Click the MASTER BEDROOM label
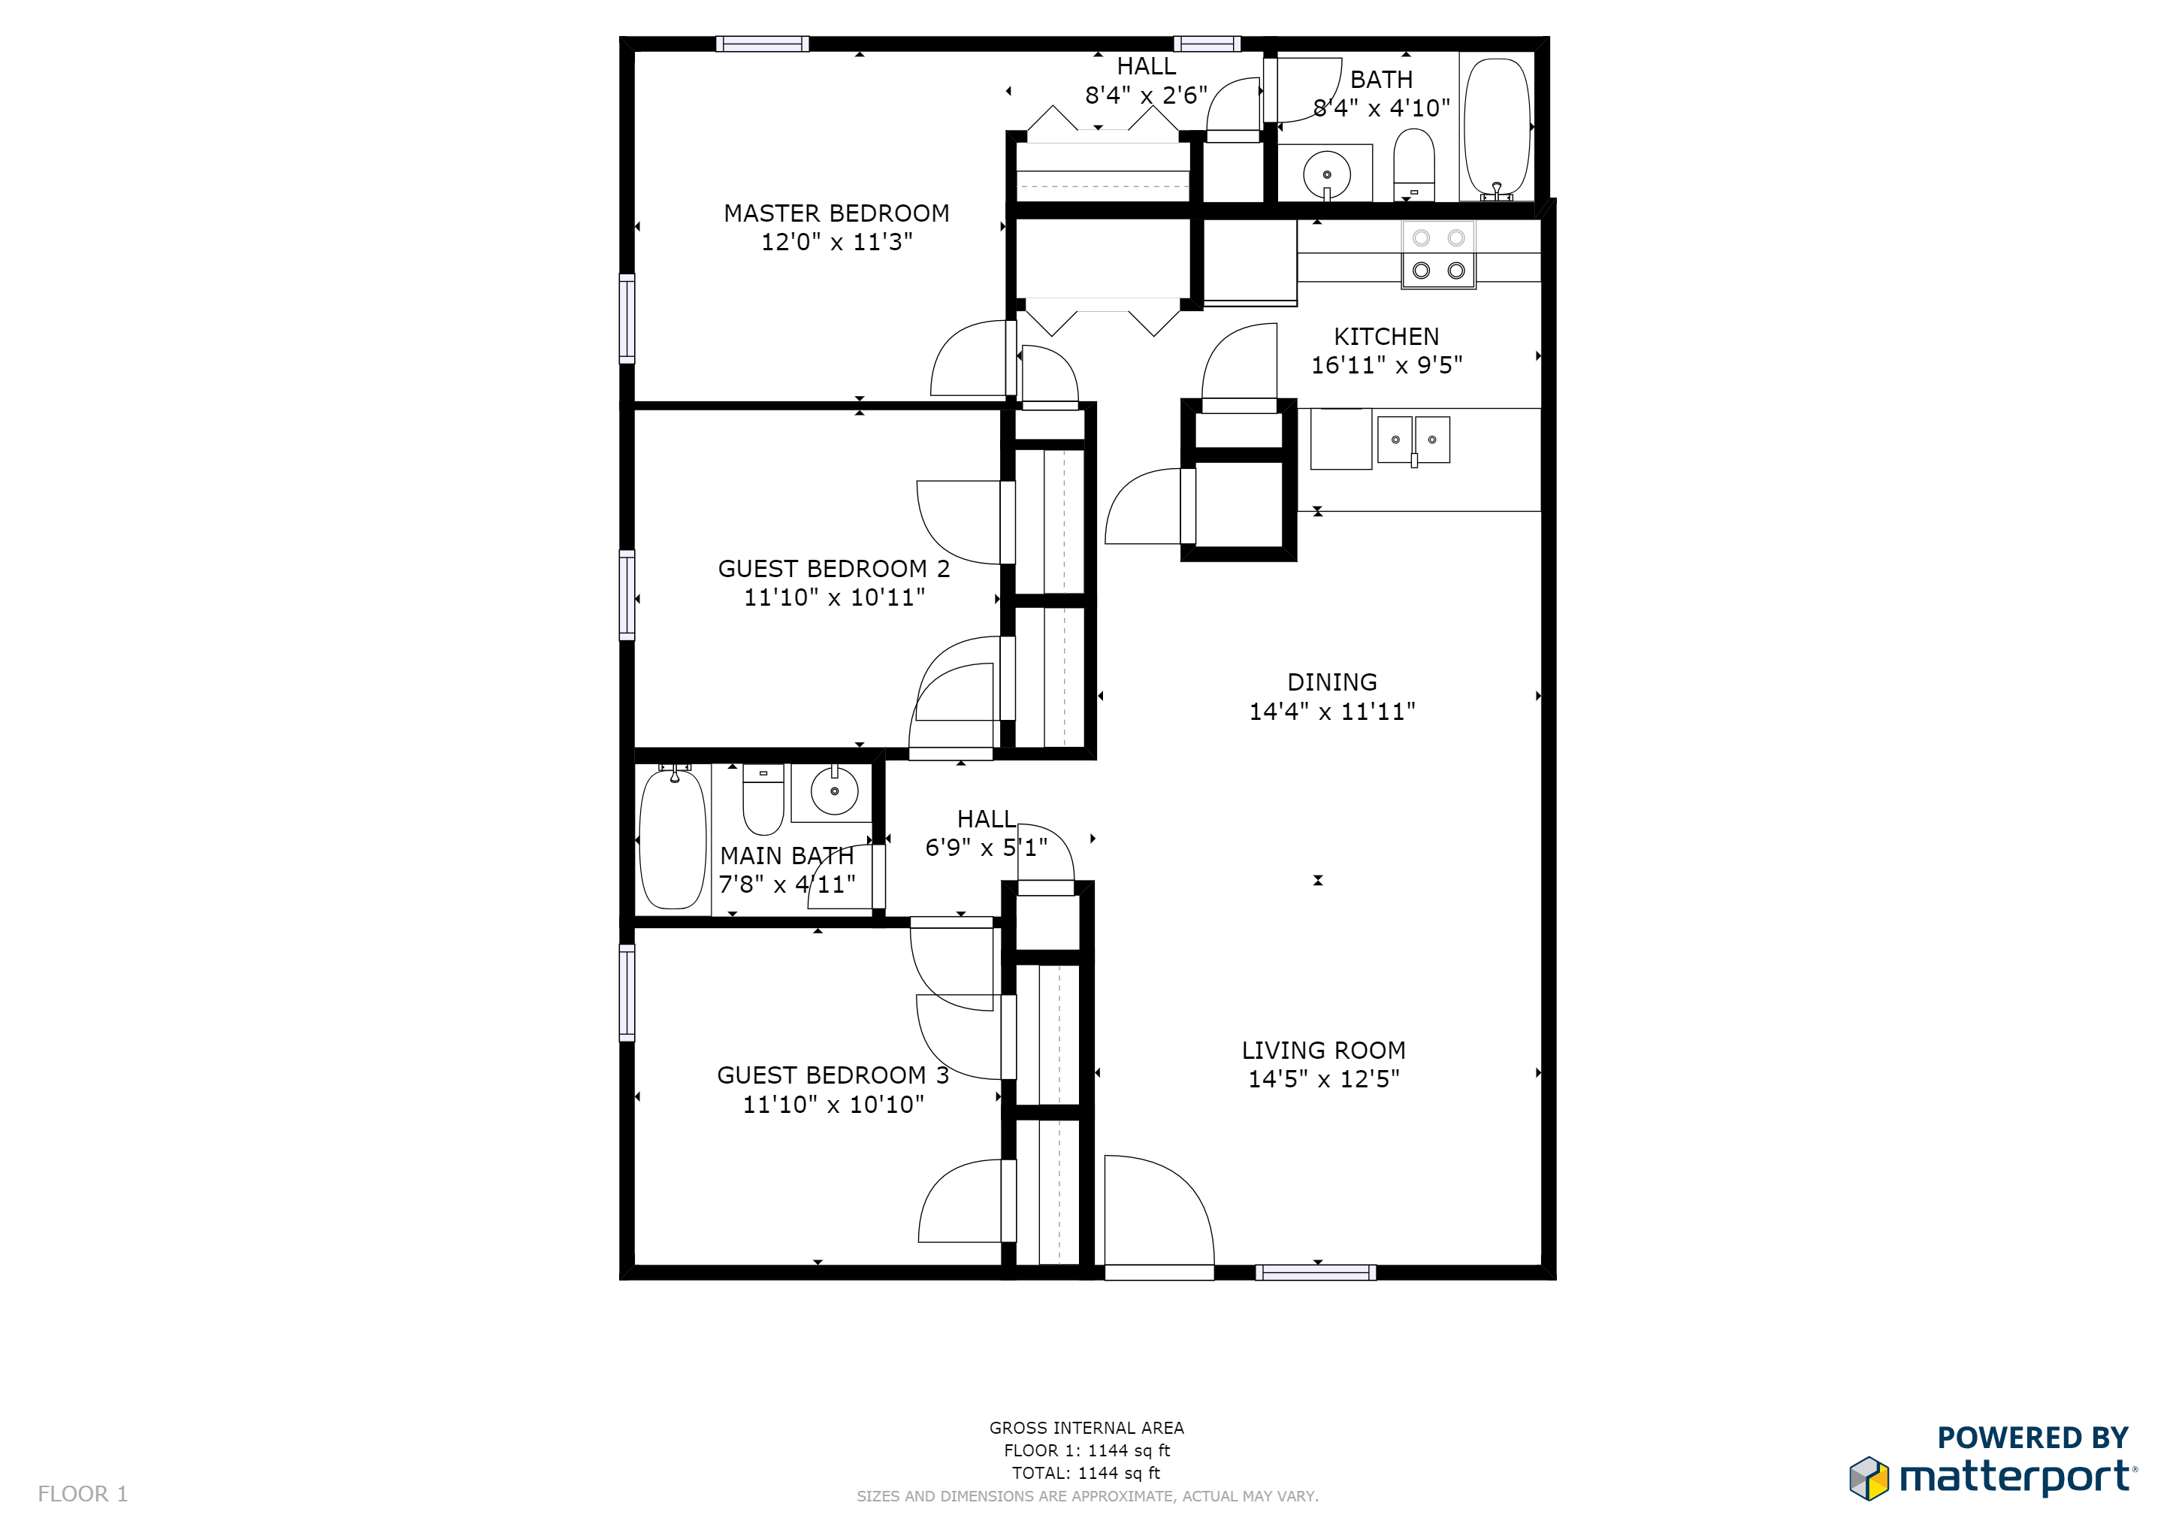pyautogui.click(x=836, y=213)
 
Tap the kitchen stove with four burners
pyautogui.click(x=1437, y=254)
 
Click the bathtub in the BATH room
pyautogui.click(x=1497, y=128)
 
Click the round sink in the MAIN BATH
pyautogui.click(x=834, y=791)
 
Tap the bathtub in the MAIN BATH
pyautogui.click(x=673, y=839)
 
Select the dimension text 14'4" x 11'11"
pyautogui.click(x=1331, y=712)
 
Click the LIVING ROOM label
pyautogui.click(x=1323, y=1050)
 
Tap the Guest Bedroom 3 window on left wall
pyautogui.click(x=627, y=992)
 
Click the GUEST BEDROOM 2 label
pyautogui.click(x=833, y=569)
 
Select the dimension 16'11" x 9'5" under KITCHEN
pyautogui.click(x=1386, y=365)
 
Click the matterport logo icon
pyautogui.click(x=1868, y=1478)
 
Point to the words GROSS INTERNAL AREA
pyautogui.click(x=1086, y=1427)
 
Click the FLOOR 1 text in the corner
pyautogui.click(x=83, y=1493)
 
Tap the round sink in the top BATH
pyautogui.click(x=1326, y=174)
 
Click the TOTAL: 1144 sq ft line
pyautogui.click(x=1086, y=1473)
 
